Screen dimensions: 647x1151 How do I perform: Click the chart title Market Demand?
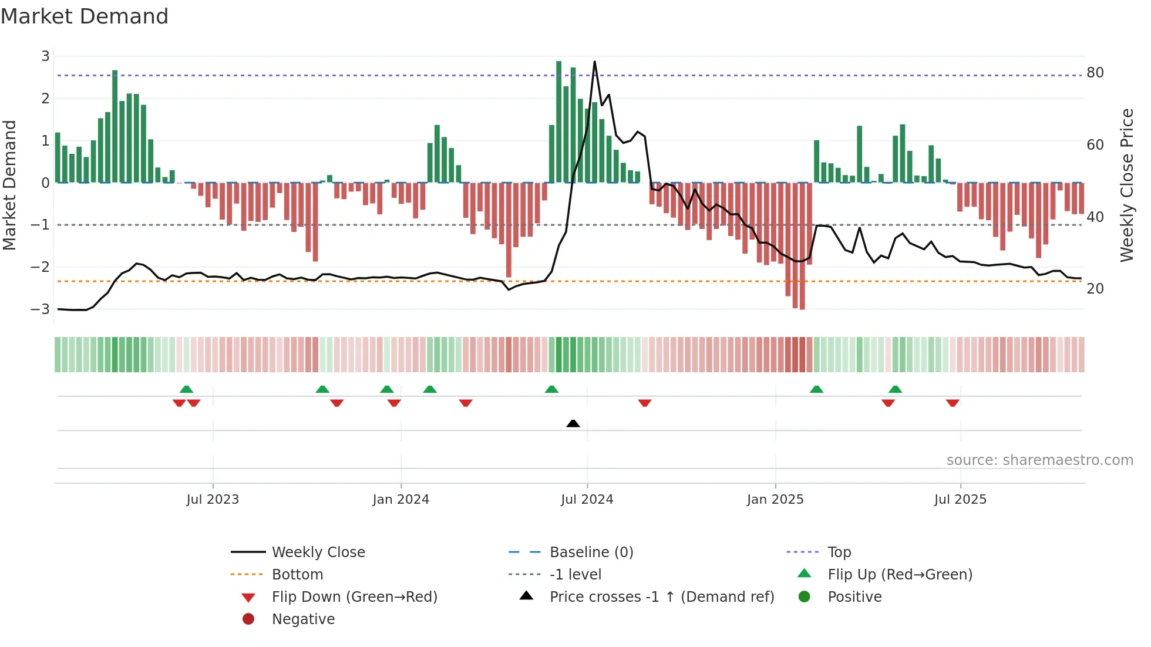point(85,16)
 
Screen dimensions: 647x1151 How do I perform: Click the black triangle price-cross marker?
point(573,423)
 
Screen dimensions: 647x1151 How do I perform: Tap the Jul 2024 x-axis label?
point(587,500)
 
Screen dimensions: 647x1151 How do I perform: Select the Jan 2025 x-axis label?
point(775,500)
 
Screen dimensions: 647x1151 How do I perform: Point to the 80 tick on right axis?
point(1095,73)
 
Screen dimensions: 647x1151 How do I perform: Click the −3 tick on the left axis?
point(41,309)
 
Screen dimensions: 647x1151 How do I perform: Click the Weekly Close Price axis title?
point(1126,185)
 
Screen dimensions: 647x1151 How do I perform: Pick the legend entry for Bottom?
point(297,574)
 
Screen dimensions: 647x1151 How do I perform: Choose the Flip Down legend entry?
point(354,597)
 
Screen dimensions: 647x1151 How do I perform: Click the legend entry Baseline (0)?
point(591,552)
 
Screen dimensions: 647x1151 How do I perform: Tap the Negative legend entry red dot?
point(248,619)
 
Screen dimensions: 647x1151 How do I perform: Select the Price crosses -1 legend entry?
point(661,597)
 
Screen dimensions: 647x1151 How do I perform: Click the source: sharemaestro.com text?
point(1039,460)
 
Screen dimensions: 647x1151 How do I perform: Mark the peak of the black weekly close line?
point(594,62)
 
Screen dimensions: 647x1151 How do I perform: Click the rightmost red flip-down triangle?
point(953,403)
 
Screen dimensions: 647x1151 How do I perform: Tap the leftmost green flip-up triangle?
point(186,389)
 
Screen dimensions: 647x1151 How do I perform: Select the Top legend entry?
point(839,552)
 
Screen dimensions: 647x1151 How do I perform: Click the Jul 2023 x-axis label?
point(213,500)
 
